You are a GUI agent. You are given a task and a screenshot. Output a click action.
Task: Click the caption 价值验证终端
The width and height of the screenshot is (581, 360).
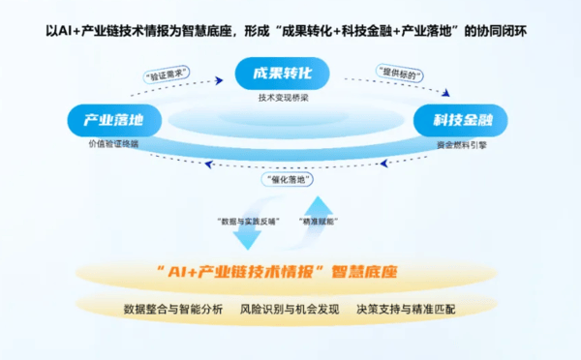tap(112, 144)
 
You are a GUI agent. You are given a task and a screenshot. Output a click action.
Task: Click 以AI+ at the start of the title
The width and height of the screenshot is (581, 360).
tap(62, 32)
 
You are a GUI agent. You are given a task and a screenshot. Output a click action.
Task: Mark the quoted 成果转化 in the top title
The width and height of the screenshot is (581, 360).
tap(310, 32)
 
